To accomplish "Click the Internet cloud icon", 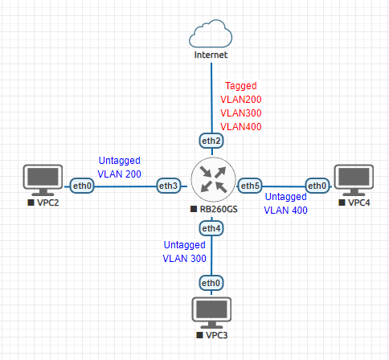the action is click(211, 34).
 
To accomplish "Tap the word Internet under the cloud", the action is click(211, 55).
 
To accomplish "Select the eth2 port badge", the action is click(211, 141).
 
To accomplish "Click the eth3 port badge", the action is click(169, 186).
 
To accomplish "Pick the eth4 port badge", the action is click(211, 228).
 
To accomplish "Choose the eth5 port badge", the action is click(250, 186).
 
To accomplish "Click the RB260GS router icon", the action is click(213, 179).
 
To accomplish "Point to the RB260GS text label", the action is click(219, 209).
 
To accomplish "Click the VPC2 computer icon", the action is click(43, 180).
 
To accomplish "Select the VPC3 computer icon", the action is click(211, 313).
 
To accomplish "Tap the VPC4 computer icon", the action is click(354, 180).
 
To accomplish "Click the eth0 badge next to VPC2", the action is click(82, 186).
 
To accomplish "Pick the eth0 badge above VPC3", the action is click(211, 283).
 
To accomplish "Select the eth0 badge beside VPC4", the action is click(317, 186).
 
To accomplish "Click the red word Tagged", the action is click(241, 86).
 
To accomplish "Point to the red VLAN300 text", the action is click(241, 113).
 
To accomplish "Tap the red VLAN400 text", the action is click(241, 127).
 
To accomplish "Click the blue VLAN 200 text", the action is click(120, 174).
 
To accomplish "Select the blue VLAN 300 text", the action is click(185, 259).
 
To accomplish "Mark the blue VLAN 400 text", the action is click(286, 211).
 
